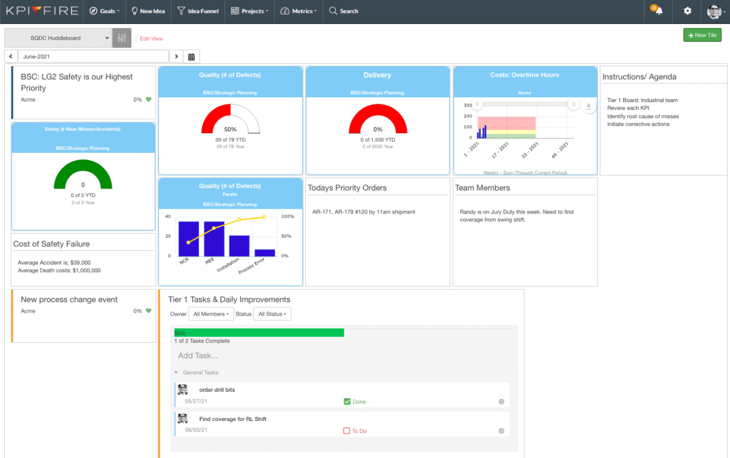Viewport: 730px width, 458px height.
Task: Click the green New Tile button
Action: [702, 35]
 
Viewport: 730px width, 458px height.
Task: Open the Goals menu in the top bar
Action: [105, 11]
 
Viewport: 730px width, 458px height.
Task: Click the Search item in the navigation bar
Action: [344, 11]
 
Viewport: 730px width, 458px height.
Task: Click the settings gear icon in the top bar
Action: [687, 11]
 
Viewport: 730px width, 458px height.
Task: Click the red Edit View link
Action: [151, 38]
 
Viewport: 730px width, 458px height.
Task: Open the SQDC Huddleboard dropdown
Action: [58, 38]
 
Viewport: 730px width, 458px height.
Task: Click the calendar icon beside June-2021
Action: [191, 57]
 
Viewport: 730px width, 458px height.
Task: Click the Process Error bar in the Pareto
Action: [265, 252]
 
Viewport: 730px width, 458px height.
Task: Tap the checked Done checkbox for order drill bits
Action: [347, 401]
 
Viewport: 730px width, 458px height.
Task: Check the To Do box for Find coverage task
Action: [347, 431]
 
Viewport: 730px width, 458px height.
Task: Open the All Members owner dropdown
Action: [210, 314]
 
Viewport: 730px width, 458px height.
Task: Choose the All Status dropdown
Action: [272, 314]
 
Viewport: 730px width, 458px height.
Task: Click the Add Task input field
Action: [243, 356]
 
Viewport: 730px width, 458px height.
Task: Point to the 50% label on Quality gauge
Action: [231, 130]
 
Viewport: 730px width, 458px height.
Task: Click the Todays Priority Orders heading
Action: [347, 188]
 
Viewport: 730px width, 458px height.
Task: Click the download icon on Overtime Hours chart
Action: [588, 106]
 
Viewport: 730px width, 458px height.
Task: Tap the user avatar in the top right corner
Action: [715, 11]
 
